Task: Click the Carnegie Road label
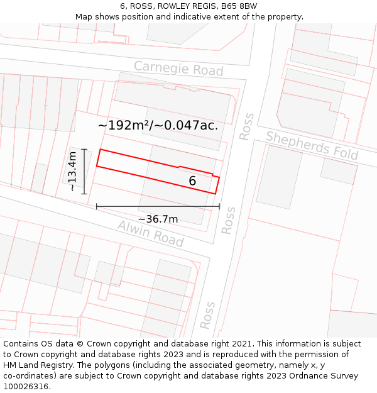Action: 178,68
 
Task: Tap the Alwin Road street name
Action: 150,234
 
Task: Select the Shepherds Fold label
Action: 312,145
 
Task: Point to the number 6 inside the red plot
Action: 192,181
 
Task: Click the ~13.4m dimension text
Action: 73,171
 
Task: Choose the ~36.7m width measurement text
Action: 158,219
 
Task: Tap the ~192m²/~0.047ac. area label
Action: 158,125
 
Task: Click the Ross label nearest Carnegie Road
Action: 246,126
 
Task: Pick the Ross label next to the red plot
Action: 227,220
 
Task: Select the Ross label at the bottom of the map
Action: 207,315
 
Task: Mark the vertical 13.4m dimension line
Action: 84,171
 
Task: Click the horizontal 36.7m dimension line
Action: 158,206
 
